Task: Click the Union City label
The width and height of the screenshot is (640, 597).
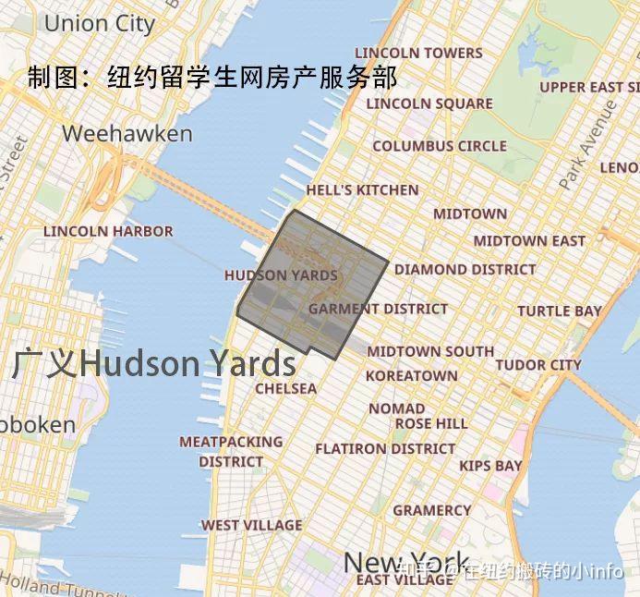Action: (100, 23)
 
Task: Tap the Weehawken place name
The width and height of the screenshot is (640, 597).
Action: (127, 134)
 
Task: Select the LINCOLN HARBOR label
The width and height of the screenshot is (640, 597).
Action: (108, 231)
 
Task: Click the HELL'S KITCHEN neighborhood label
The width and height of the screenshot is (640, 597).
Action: (362, 190)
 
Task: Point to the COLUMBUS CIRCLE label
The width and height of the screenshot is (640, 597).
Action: (440, 146)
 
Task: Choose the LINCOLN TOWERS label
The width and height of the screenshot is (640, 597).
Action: (418, 53)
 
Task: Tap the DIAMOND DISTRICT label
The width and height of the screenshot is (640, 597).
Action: (465, 270)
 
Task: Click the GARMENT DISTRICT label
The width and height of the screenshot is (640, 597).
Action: (378, 309)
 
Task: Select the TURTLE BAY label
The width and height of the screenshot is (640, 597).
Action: (559, 311)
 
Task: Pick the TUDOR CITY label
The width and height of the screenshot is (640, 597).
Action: (538, 365)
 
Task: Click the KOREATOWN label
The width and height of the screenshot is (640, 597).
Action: (411, 376)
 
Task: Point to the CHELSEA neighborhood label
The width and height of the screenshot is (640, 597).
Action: (285, 389)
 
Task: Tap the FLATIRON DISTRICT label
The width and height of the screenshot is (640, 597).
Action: (385, 449)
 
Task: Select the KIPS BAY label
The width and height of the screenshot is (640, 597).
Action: (490, 466)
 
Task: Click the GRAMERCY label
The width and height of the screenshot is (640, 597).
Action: (431, 510)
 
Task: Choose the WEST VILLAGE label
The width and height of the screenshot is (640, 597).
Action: (251, 526)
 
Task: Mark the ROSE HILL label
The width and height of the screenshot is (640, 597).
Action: (431, 424)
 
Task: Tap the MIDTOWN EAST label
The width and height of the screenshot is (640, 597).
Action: (529, 241)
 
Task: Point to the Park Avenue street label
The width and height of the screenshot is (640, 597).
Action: (600, 143)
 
